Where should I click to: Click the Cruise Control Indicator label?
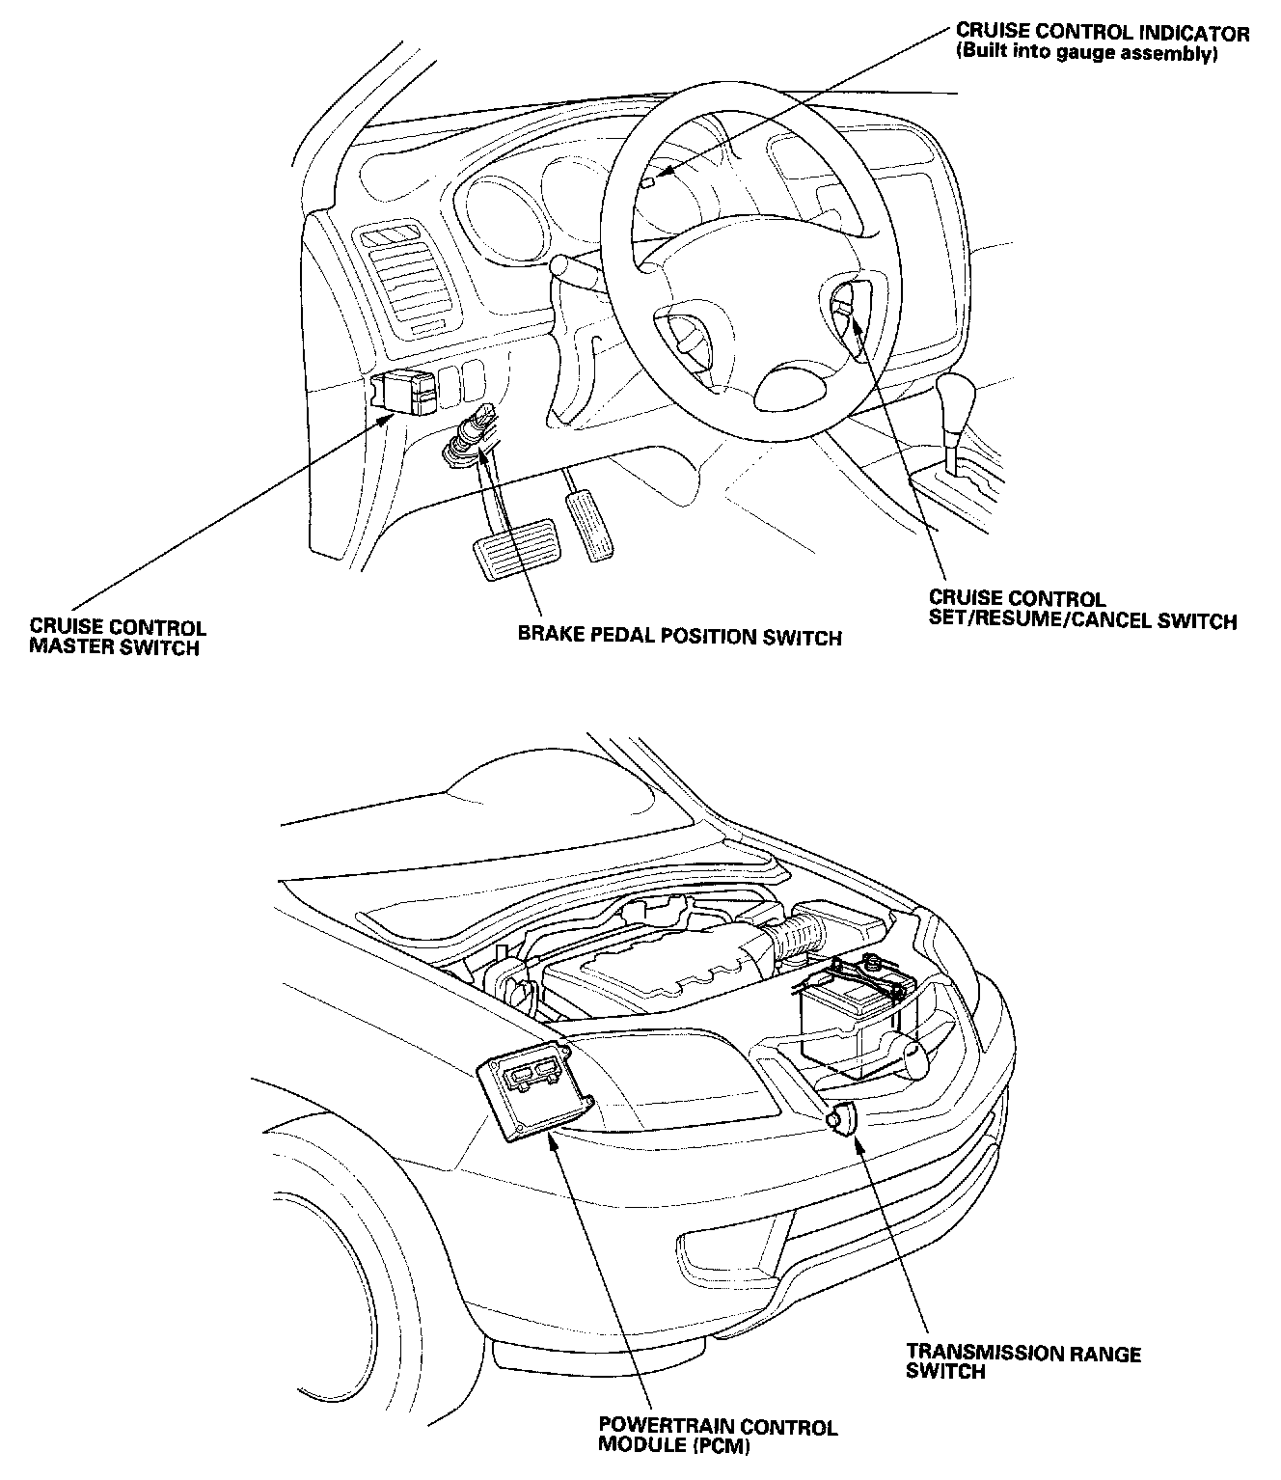point(1102,34)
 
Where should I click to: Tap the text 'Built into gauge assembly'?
point(1087,55)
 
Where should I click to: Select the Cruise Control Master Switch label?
point(117,638)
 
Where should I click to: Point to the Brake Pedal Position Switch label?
point(679,637)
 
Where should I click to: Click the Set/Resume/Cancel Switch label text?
point(1081,610)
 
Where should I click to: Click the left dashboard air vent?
point(403,276)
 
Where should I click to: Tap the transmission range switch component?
point(841,1118)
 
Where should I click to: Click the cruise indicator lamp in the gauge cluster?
point(649,181)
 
